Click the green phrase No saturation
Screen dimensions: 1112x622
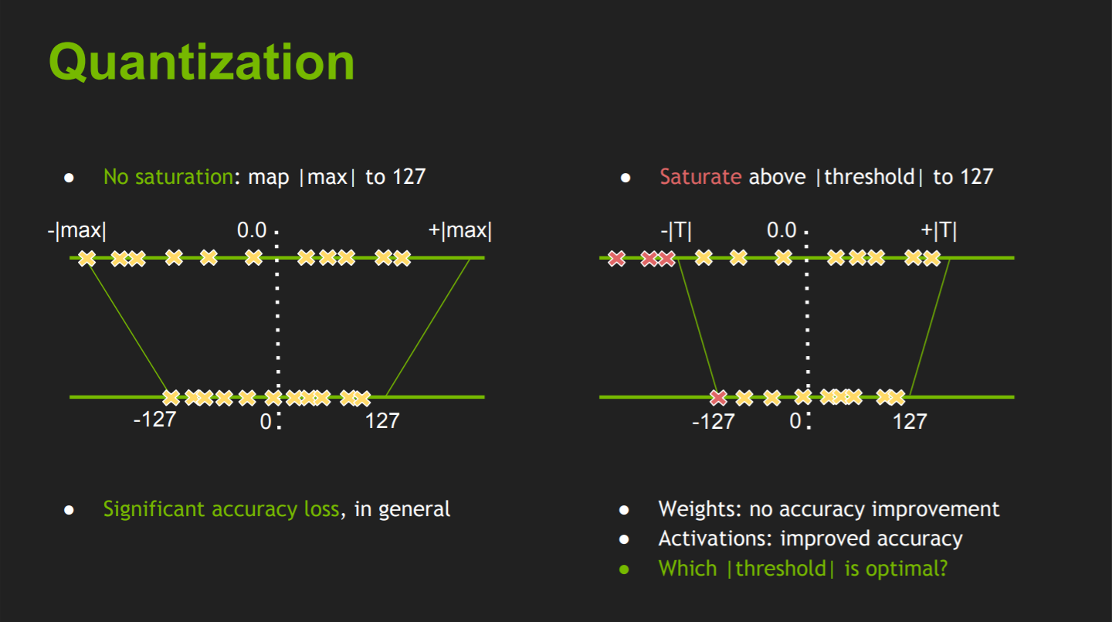click(168, 177)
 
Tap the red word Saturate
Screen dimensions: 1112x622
click(700, 177)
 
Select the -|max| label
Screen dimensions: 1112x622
click(77, 230)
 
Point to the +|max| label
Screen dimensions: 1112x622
click(460, 230)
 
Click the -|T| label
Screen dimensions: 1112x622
click(676, 230)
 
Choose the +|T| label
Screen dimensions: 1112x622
click(939, 230)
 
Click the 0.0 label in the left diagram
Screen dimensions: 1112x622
click(252, 230)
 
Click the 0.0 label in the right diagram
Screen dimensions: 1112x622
click(781, 230)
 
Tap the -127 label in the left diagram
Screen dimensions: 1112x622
click(155, 420)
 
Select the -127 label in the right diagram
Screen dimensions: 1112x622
click(714, 422)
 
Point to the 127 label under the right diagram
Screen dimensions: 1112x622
click(910, 422)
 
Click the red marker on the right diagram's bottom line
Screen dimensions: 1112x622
click(718, 397)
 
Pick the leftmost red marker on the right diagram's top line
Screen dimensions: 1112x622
click(616, 258)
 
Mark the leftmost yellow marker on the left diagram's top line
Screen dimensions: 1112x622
click(86, 258)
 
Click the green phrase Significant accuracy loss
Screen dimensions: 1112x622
click(222, 509)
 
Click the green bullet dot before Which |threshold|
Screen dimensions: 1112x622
click(625, 569)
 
